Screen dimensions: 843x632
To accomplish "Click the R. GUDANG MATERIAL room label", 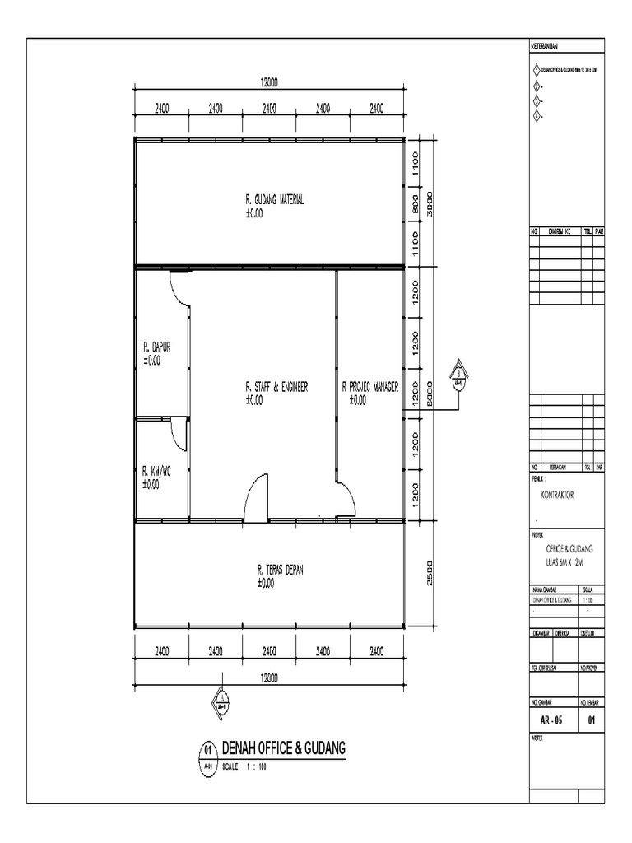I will coord(275,199).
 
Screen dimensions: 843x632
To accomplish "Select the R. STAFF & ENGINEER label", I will coord(276,386).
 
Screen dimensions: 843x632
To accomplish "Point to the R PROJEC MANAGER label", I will coord(369,386).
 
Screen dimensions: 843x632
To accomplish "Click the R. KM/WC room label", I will coord(156,472).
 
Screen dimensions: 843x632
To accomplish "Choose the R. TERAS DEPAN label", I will coord(281,569).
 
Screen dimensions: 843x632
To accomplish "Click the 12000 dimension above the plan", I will coord(269,82).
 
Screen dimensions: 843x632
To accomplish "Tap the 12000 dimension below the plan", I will coord(269,678).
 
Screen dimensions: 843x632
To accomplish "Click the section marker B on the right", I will coord(458,375).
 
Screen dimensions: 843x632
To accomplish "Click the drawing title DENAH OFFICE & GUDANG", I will coord(284,748).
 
